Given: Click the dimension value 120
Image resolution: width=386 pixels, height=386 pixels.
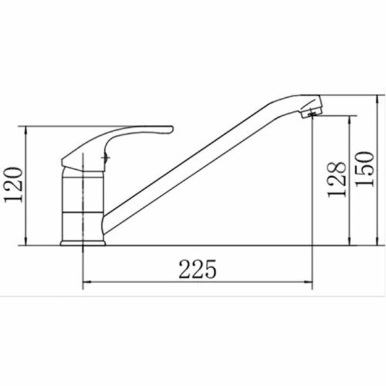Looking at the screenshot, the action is [x=14, y=185].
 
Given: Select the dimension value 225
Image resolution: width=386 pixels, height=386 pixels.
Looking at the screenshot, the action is [x=198, y=269].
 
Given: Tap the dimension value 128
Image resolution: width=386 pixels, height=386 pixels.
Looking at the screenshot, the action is [x=336, y=179].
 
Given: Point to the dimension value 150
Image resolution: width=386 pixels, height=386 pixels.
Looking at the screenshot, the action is [x=365, y=169].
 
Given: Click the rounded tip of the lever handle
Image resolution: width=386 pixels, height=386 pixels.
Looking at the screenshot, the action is [x=172, y=129].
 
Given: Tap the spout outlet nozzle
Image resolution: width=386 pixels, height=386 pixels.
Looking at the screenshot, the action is [x=311, y=109].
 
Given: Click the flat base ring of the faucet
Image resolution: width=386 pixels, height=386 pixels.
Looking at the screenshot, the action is [x=83, y=243].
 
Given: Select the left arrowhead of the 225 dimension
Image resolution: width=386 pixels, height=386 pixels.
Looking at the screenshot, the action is [x=87, y=282].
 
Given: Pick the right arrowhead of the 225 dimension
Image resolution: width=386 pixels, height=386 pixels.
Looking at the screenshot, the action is [x=308, y=282].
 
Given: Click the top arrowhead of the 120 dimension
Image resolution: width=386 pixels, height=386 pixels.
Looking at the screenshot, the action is [x=26, y=130].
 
